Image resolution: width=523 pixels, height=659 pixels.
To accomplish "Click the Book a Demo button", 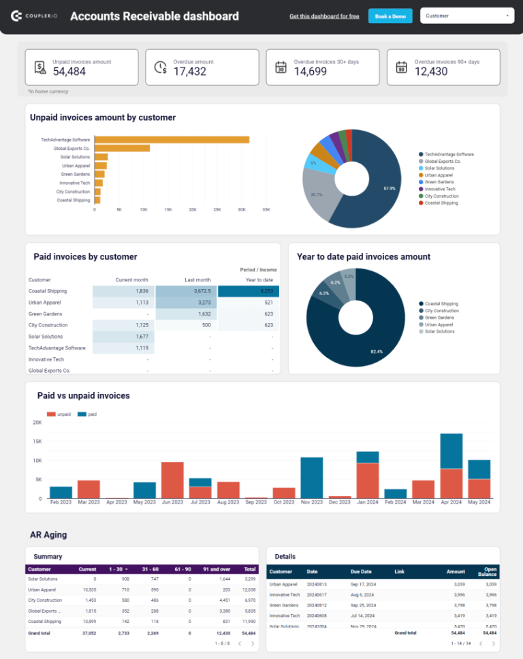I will tap(390, 16).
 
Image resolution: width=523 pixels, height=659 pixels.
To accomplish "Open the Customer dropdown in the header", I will tap(467, 16).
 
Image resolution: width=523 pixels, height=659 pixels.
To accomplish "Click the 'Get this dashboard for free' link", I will tap(324, 16).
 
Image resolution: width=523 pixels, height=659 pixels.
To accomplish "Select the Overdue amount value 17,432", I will tap(189, 72).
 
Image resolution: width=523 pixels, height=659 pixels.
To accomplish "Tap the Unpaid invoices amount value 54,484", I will tap(69, 72).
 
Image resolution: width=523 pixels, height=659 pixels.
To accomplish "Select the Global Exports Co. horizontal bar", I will tap(122, 148).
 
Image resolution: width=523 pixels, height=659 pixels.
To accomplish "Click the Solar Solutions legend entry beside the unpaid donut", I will tap(439, 168).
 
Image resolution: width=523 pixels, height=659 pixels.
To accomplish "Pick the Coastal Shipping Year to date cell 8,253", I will tap(249, 291).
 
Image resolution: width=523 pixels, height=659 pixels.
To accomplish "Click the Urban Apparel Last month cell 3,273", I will tap(186, 303).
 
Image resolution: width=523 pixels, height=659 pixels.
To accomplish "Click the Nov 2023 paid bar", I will tap(311, 478).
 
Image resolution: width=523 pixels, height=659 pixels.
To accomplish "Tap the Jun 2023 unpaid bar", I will tap(172, 480).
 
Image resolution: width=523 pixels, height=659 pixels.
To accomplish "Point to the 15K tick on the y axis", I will tap(37, 442).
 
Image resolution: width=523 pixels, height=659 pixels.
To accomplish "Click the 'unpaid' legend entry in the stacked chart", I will tap(59, 414).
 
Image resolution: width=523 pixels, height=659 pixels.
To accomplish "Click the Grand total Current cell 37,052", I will tap(87, 632).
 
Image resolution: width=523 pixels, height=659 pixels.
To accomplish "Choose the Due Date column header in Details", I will tap(361, 572).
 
